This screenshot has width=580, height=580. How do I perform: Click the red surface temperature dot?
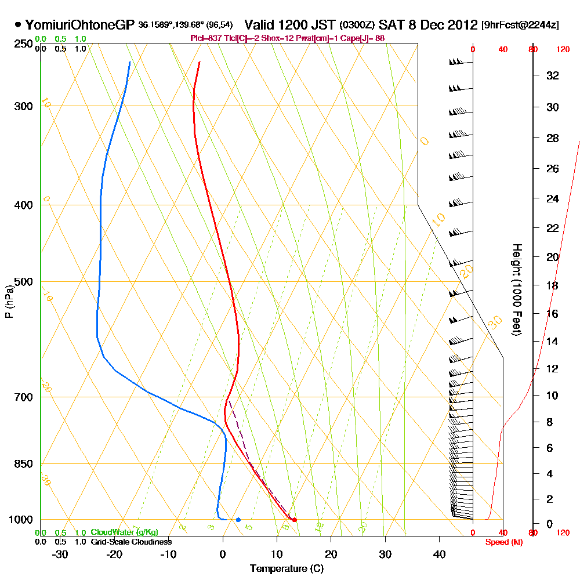295,520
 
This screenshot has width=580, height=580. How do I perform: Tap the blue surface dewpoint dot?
238,520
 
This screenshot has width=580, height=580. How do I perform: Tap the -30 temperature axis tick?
60,554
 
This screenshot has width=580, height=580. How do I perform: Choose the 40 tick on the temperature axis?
439,554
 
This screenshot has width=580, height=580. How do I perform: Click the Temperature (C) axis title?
287,568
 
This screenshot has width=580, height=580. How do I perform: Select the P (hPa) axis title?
9,301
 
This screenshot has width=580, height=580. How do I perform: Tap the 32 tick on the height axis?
552,75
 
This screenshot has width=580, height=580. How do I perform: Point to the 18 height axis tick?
552,285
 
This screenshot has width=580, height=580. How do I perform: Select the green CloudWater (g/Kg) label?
124,532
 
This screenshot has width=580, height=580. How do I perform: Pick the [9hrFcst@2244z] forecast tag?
520,26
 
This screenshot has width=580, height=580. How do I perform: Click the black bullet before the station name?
19,25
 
